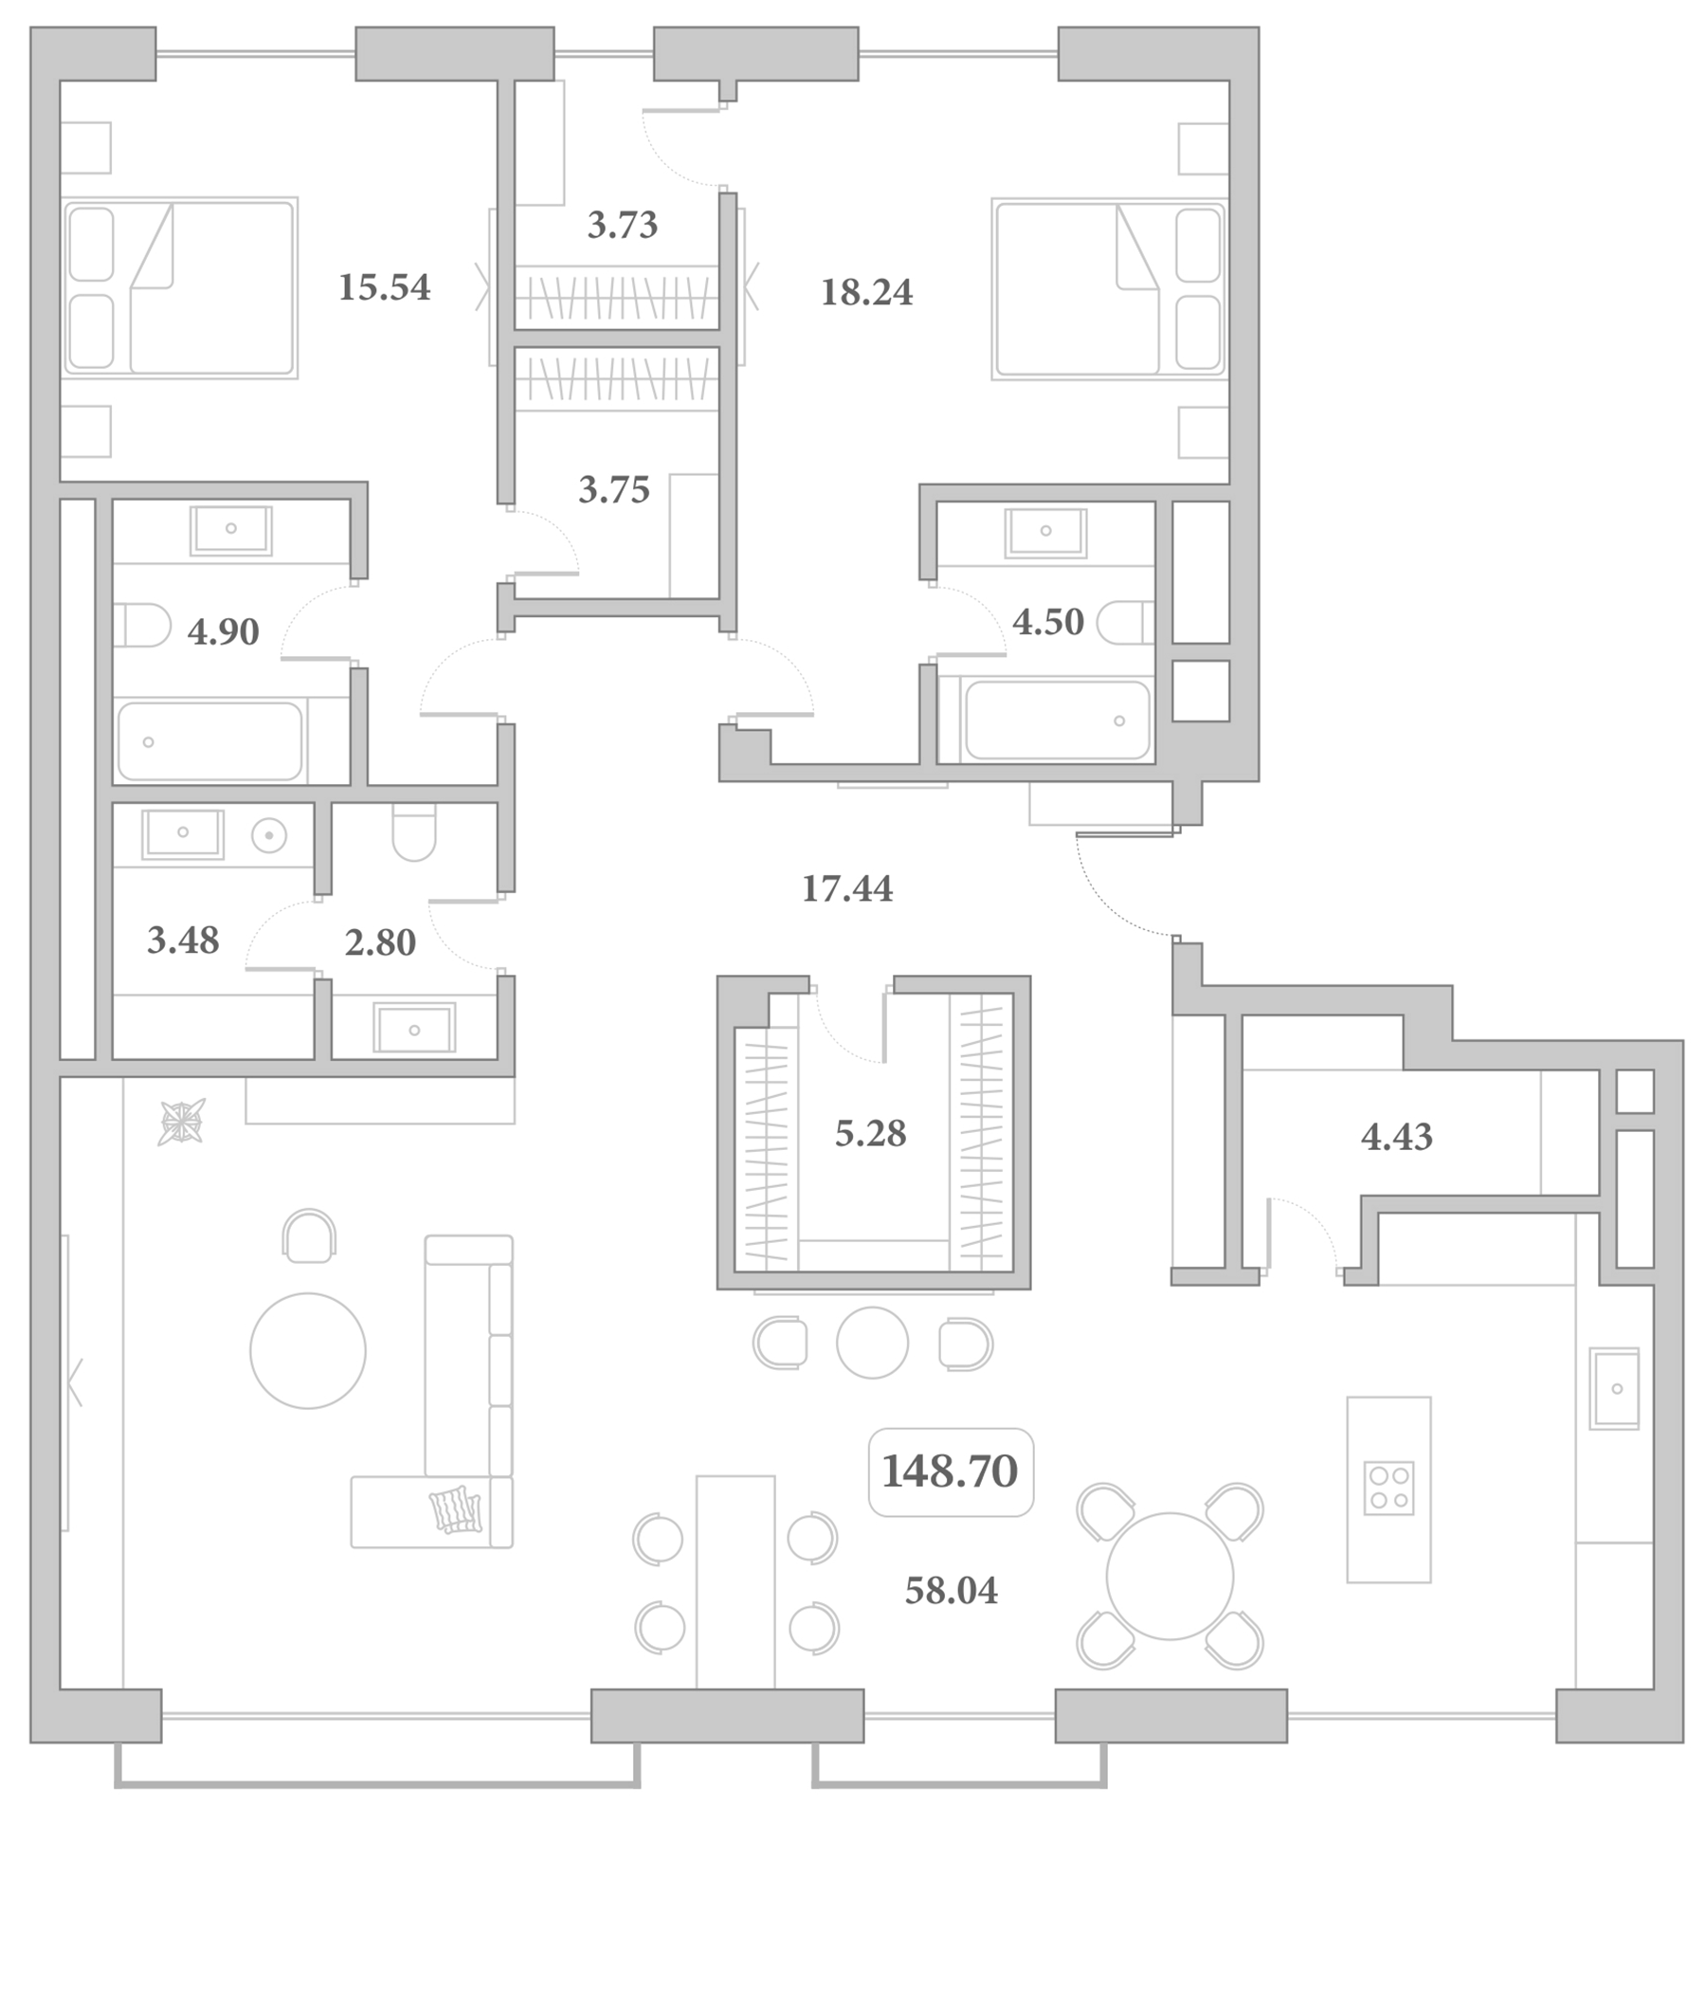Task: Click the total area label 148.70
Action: [949, 1471]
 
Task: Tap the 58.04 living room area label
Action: [951, 1591]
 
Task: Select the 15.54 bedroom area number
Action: [384, 287]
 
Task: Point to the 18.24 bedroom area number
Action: [866, 292]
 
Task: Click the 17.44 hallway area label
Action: [847, 889]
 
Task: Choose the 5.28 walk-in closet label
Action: [870, 1134]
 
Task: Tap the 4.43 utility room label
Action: [1397, 1137]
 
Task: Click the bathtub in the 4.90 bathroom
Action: [209, 740]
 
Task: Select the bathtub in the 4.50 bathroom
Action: [1058, 721]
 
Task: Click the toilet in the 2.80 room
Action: [414, 832]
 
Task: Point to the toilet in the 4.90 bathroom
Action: [142, 625]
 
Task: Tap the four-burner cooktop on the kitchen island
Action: [1389, 1489]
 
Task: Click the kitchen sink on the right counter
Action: [1614, 1389]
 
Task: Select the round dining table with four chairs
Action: [1170, 1577]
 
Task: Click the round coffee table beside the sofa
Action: [308, 1351]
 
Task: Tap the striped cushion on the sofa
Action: [455, 1509]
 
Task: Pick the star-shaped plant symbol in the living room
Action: [182, 1123]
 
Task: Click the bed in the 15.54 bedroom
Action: [181, 287]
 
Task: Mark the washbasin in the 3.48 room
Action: [183, 833]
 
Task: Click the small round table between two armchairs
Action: [872, 1343]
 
